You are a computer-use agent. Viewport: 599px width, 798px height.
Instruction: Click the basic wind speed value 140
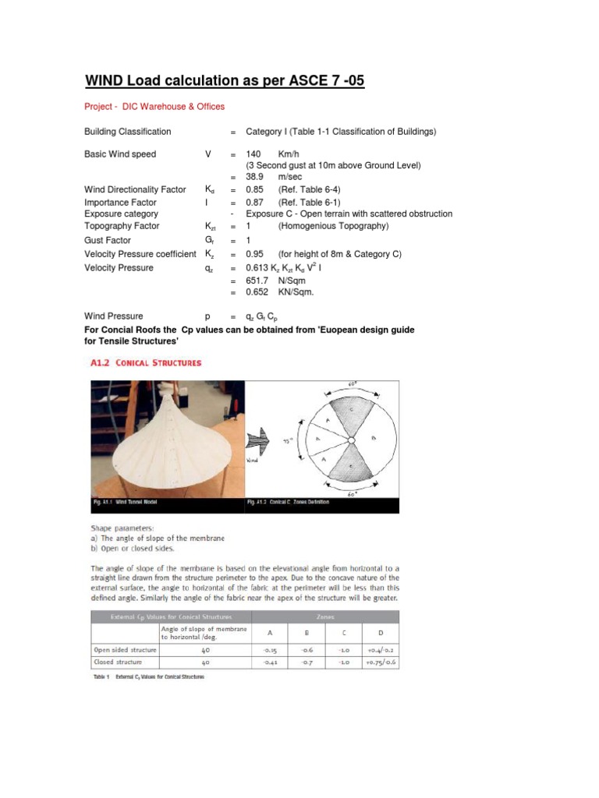tap(254, 154)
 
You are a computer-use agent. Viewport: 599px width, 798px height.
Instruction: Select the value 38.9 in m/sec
tap(257, 178)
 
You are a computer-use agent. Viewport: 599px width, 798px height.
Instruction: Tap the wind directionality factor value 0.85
tap(257, 189)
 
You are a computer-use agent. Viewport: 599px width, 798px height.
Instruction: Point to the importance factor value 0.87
tap(257, 202)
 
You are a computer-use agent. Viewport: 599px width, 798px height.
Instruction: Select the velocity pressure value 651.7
tap(258, 280)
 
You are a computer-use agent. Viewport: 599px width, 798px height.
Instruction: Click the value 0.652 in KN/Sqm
tap(258, 292)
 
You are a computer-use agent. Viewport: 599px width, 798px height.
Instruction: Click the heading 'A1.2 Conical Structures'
tap(143, 362)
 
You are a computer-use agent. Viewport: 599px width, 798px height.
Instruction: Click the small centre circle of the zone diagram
tap(347, 441)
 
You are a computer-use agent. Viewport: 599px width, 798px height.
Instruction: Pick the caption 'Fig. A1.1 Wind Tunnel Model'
tap(129, 503)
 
